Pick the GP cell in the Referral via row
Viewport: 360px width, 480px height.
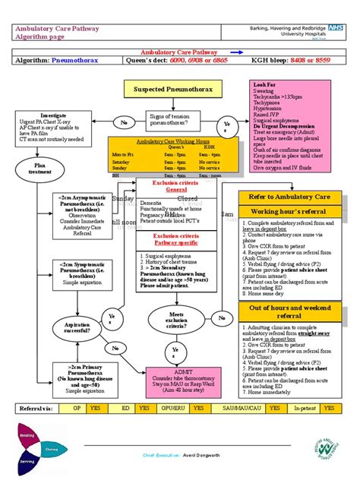pyautogui.click(x=77, y=409)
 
